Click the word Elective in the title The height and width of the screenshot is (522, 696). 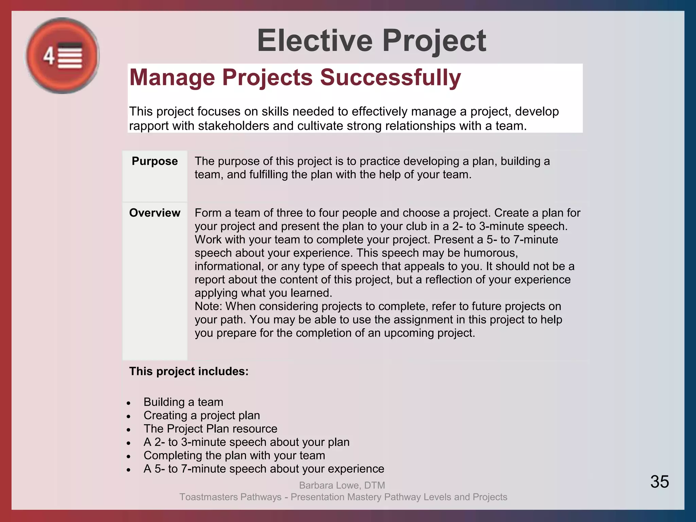(x=315, y=41)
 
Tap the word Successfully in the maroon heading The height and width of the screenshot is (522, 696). (x=390, y=77)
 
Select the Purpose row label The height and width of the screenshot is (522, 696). (x=155, y=161)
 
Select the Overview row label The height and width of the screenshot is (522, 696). (x=155, y=213)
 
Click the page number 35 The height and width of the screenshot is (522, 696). (x=659, y=482)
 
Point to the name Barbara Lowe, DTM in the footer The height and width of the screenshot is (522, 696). (x=342, y=485)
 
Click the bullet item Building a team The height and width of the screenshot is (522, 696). (x=183, y=402)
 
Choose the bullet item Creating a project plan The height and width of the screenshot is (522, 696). (x=202, y=415)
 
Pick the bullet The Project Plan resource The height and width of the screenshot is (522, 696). (x=210, y=429)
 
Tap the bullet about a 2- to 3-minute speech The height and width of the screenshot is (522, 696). (x=246, y=442)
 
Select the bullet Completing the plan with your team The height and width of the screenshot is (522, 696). (x=234, y=455)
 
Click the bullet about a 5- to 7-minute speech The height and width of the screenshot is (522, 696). (x=264, y=469)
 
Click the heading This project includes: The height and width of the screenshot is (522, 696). (x=189, y=371)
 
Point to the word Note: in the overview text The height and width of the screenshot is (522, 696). (x=208, y=306)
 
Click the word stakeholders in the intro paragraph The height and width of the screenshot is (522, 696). (x=233, y=126)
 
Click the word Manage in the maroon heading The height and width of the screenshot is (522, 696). (x=172, y=77)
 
